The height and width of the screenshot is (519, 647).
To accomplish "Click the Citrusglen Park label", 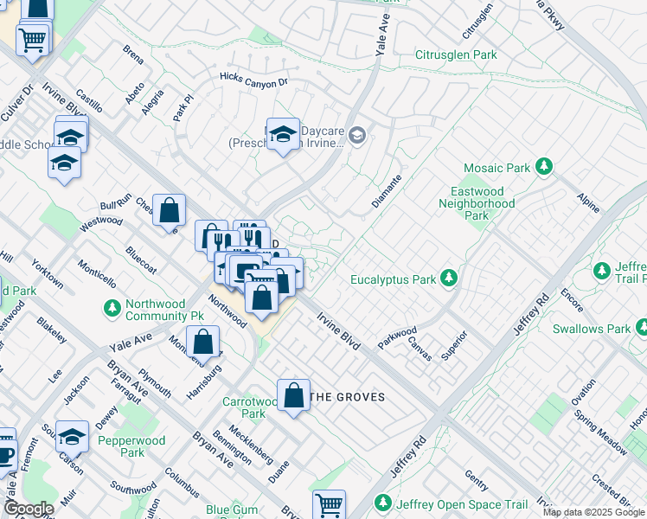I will [456, 54].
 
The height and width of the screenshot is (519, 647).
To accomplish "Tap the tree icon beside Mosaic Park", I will [544, 165].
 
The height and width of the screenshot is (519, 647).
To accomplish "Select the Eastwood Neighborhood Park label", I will [483, 203].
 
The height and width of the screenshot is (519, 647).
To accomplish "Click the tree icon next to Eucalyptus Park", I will [448, 279].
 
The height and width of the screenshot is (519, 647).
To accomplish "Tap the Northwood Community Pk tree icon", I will [112, 307].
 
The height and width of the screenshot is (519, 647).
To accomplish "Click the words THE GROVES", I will [346, 397].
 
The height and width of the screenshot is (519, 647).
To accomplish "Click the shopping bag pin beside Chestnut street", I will [170, 209].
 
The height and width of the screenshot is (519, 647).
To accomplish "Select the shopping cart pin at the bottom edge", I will [329, 503].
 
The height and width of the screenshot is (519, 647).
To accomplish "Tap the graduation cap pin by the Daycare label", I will [283, 134].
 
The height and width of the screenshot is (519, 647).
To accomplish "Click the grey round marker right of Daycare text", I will [359, 135].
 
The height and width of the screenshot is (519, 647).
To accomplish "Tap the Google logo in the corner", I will [29, 509].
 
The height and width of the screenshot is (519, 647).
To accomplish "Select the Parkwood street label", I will [396, 336].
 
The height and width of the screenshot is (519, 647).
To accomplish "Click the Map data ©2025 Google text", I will [593, 513].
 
